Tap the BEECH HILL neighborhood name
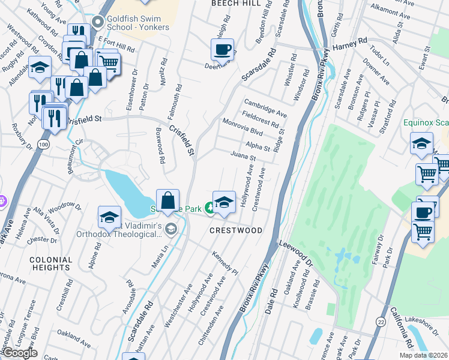236,4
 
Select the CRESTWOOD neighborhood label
235,230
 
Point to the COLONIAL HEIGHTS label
50,264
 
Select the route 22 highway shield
381,322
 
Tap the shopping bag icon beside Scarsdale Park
169,200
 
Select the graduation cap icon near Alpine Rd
110,217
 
